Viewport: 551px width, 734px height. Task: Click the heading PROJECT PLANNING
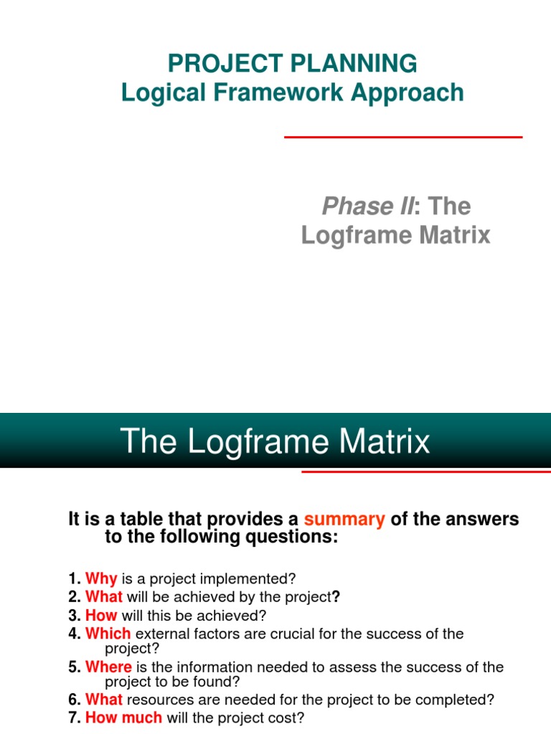[292, 64]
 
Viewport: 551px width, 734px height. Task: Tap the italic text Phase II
[368, 206]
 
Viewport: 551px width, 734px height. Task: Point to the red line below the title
[403, 137]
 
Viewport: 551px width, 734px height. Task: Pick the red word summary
[344, 519]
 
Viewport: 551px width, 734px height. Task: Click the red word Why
[101, 578]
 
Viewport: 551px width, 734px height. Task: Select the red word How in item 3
[101, 615]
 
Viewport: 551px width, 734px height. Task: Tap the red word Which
[108, 634]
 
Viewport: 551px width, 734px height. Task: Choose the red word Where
[109, 667]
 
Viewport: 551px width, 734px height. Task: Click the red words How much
[124, 718]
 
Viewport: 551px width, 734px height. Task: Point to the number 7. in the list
[75, 718]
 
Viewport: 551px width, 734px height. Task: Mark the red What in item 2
[104, 596]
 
